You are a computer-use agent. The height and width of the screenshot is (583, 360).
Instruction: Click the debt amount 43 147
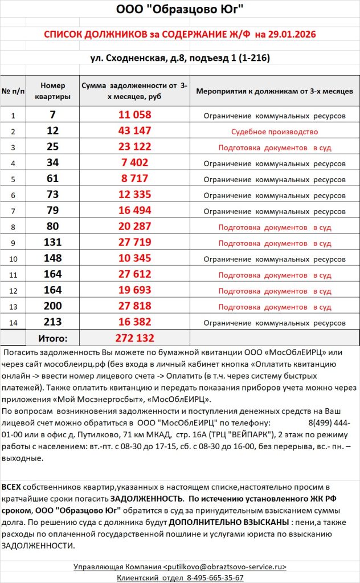135,131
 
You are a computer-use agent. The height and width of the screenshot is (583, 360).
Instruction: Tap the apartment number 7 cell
52,115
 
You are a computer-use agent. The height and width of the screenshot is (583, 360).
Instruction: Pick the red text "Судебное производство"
275,132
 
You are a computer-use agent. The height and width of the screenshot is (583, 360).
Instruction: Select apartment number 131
52,243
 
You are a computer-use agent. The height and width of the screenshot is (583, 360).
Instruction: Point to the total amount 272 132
135,338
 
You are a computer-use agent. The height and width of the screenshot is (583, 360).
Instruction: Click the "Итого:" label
52,338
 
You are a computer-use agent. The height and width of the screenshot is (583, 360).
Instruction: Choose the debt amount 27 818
135,306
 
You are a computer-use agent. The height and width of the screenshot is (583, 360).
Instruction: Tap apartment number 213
52,322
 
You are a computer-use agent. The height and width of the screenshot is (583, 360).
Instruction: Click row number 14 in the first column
13,323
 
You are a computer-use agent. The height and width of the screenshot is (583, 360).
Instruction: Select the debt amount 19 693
135,290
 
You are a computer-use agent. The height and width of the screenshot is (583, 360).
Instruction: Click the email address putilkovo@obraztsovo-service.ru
224,567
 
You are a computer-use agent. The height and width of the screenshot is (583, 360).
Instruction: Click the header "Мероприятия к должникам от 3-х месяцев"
275,91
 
